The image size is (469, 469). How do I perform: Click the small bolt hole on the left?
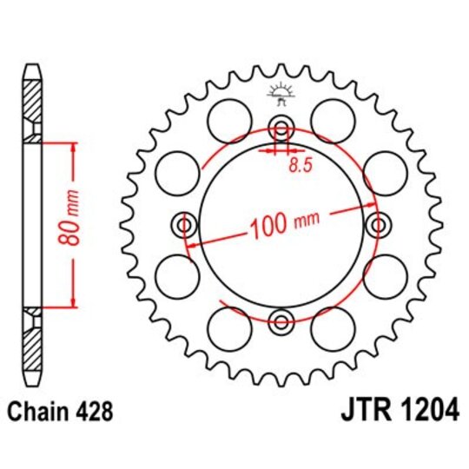click(x=184, y=227)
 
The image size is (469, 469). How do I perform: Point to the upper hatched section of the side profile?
click(x=32, y=105)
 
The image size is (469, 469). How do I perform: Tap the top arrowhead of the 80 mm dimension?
click(x=74, y=142)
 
